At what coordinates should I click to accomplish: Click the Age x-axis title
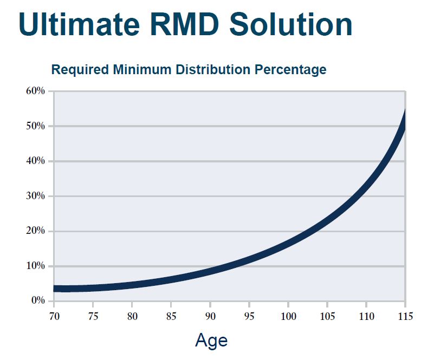coord(211,341)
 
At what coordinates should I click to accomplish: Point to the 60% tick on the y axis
coord(35,91)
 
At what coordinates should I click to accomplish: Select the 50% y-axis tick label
coord(35,126)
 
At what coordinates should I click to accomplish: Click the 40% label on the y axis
coord(35,161)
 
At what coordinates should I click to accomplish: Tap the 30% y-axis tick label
coord(35,196)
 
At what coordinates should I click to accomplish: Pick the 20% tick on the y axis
coord(35,231)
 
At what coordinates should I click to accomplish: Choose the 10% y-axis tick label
coord(35,266)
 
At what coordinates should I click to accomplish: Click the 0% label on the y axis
coord(37,301)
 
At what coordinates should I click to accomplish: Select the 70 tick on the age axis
coord(54,316)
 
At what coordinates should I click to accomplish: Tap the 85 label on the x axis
coord(171,316)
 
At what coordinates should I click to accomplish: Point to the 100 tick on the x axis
coord(288,316)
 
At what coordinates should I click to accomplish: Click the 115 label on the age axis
coord(405,316)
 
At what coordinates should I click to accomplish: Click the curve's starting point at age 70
coord(55,289)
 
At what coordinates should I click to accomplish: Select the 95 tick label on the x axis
coord(249,316)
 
